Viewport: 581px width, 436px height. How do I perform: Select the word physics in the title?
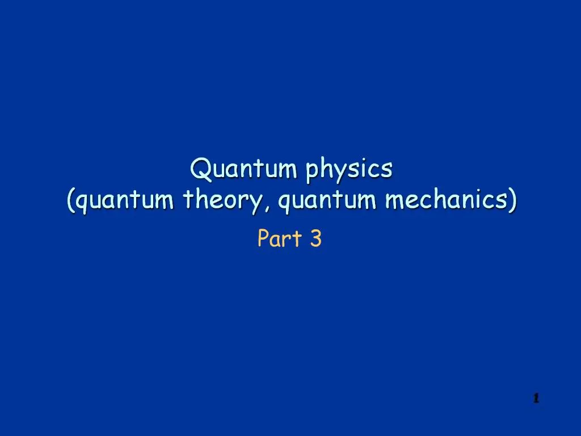[x=349, y=170]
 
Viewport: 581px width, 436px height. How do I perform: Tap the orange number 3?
[x=315, y=239]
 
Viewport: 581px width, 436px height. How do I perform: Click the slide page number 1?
[x=535, y=399]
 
